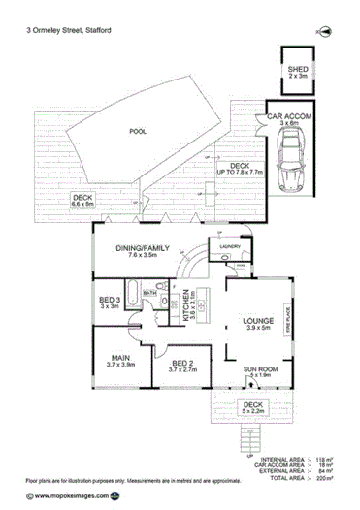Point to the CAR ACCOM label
coord(289,119)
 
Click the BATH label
coord(151,291)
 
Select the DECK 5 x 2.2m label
coord(253,408)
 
